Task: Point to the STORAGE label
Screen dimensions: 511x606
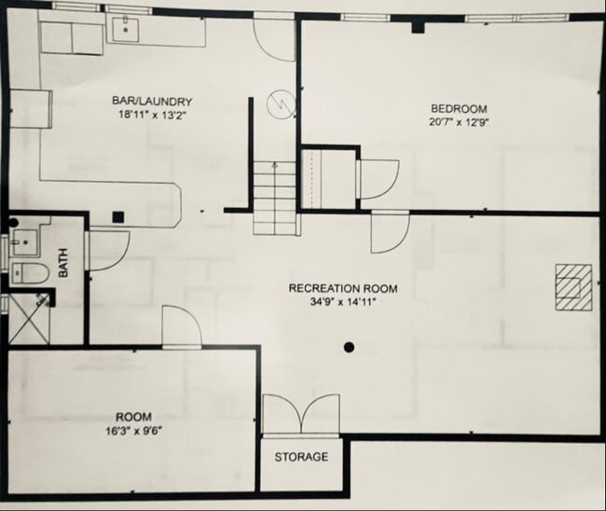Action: [x=301, y=457]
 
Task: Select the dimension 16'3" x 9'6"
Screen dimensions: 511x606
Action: [x=133, y=431]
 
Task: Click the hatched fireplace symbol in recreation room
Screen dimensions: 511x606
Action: [x=571, y=285]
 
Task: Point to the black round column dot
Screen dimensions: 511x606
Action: [x=349, y=348]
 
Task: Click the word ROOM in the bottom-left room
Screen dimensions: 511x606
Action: [x=133, y=417]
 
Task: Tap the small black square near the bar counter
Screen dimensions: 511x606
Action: [x=118, y=217]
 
